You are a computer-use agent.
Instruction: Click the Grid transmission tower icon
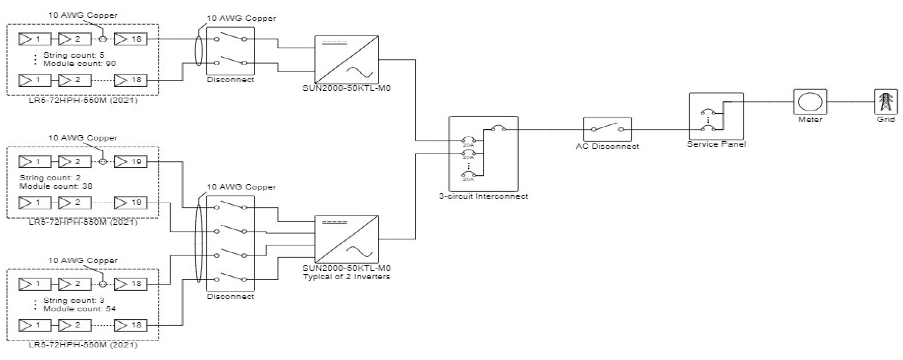[x=885, y=102]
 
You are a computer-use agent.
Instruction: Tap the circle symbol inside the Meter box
[x=810, y=102]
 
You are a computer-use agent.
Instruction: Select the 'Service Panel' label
[x=716, y=144]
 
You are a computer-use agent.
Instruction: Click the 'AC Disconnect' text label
[x=607, y=147]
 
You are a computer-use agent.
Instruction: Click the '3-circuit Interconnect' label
[x=483, y=196]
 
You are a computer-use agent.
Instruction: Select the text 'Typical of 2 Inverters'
[x=346, y=277]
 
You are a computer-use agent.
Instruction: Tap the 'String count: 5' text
[x=74, y=55]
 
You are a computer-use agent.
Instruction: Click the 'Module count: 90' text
[x=80, y=63]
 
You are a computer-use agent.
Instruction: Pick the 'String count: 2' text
[x=50, y=178]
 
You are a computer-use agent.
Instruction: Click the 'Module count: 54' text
[x=80, y=309]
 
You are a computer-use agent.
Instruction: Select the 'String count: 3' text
[x=74, y=300]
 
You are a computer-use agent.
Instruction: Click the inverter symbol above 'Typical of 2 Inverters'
[x=346, y=239]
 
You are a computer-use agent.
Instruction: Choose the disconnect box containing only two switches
[x=230, y=51]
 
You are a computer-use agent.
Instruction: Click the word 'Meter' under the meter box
[x=810, y=119]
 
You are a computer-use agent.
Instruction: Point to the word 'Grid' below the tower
[x=885, y=119]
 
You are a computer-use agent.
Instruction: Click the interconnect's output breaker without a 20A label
[x=498, y=129]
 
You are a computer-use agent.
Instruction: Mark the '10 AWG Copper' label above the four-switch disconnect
[x=242, y=187]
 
